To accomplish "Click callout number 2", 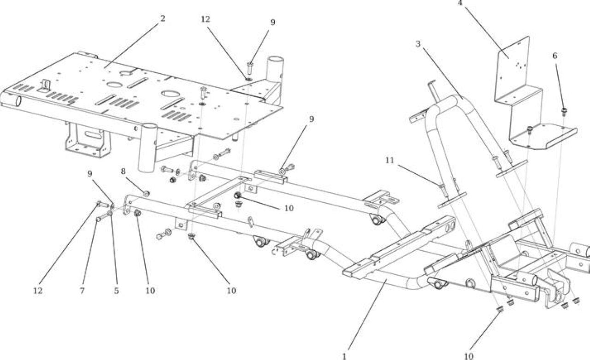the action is click(x=163, y=18).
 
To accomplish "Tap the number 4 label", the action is click(x=460, y=3).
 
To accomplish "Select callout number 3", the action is click(x=418, y=44).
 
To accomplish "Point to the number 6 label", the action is click(x=555, y=56).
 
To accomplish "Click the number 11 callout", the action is click(x=390, y=160).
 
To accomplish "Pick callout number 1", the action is click(x=344, y=356).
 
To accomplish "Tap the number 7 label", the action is click(x=83, y=291).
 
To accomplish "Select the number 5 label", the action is click(x=117, y=291).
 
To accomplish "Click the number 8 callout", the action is click(x=123, y=171).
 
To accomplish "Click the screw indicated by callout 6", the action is click(x=564, y=112).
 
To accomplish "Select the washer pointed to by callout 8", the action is click(x=147, y=194).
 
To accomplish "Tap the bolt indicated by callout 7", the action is click(x=102, y=218).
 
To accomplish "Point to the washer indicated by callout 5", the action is click(x=110, y=213).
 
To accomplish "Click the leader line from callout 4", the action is click(x=487, y=32).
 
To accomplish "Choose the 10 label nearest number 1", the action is click(x=469, y=356).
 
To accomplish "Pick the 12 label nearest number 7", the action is click(x=38, y=291).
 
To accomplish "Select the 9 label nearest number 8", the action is click(x=90, y=174).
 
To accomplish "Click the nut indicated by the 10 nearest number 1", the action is click(x=500, y=309).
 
